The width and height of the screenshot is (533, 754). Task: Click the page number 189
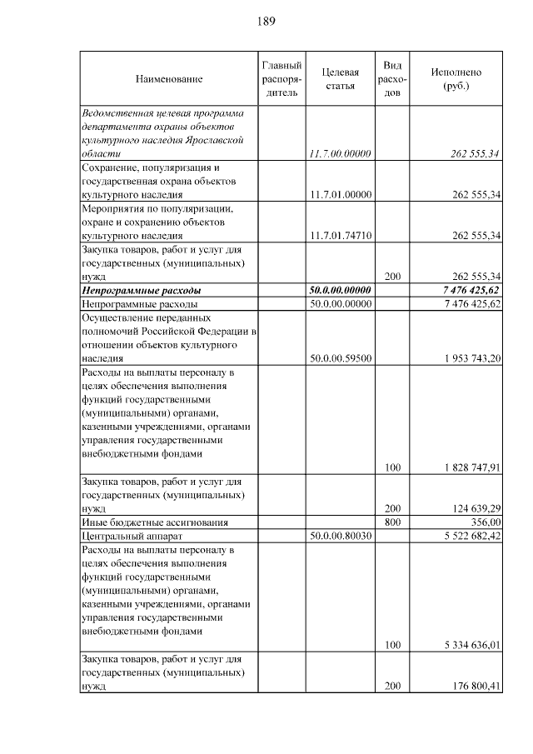pos(266,20)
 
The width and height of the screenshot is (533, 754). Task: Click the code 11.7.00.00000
pos(340,154)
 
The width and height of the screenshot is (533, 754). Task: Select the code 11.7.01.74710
pos(340,236)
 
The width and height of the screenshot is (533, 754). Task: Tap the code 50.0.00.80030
pos(340,535)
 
